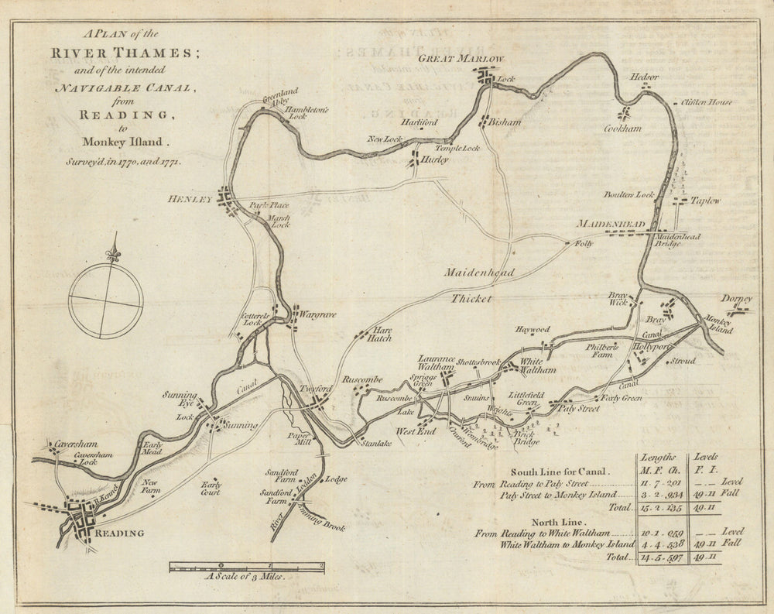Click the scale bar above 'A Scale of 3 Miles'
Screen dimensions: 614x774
point(246,567)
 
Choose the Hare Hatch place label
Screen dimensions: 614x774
point(378,334)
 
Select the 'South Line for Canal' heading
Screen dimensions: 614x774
point(560,471)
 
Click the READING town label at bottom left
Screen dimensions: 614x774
point(118,533)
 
